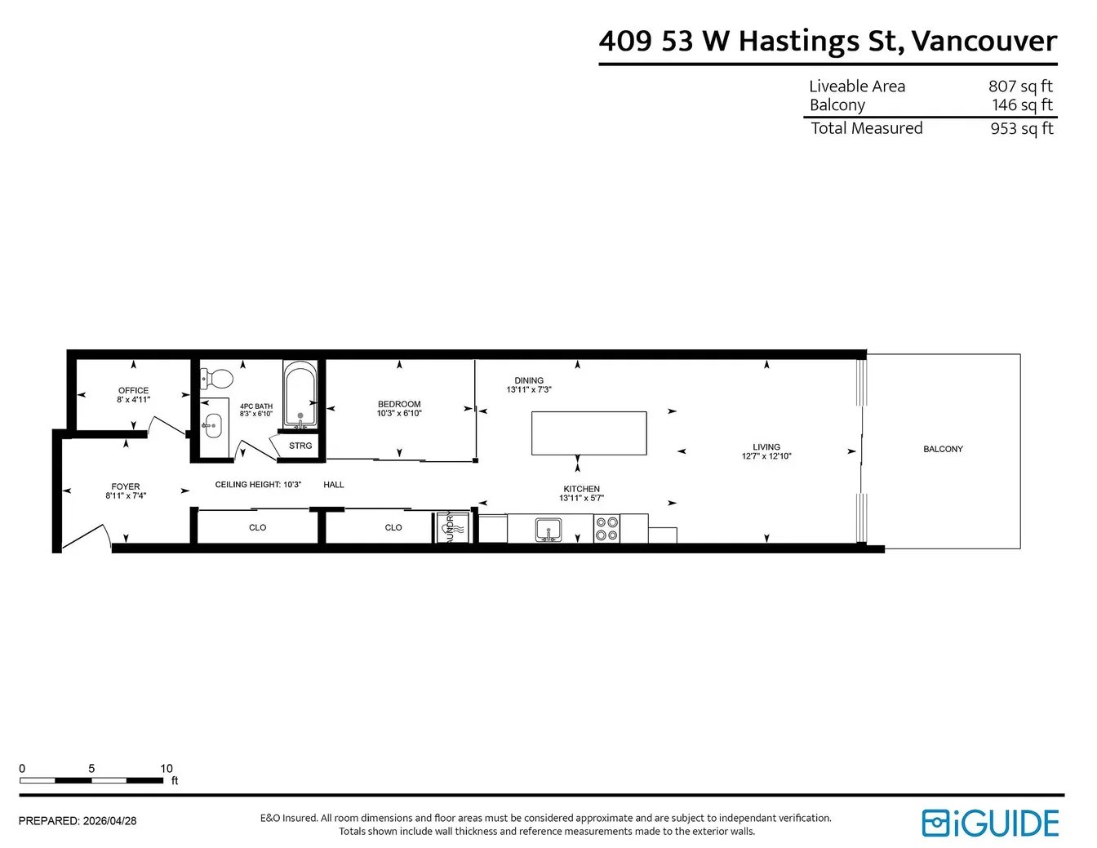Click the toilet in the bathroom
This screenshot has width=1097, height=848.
216,379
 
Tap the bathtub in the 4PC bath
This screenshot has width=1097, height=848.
300,393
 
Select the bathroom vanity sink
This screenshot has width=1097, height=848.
214,426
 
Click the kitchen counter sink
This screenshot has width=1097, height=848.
548,530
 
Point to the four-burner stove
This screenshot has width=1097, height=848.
606,529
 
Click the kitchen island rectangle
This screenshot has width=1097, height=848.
589,433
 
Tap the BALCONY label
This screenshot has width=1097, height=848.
943,449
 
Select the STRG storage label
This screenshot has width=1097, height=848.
300,446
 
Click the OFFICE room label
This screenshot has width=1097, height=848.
133,390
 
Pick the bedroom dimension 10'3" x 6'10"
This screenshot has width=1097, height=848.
399,414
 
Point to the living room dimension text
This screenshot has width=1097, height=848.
766,456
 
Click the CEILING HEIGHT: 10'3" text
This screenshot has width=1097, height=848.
258,485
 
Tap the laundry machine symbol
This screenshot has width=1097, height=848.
452,528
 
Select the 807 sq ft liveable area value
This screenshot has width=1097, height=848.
1020,87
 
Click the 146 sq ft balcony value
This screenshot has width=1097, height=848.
1022,105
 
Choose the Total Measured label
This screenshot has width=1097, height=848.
867,128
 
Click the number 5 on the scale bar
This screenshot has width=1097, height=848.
91,768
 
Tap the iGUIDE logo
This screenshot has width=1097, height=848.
990,824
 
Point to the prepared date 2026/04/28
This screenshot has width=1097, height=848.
109,821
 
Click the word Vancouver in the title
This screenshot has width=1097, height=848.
984,41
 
